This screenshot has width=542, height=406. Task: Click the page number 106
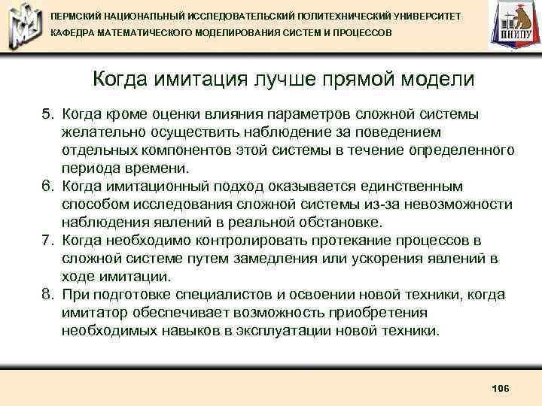(500, 387)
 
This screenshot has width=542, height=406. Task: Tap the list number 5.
(47, 114)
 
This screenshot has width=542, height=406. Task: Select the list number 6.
(47, 186)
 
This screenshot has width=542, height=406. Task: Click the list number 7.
(47, 241)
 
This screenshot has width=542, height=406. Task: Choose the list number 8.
(47, 295)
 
